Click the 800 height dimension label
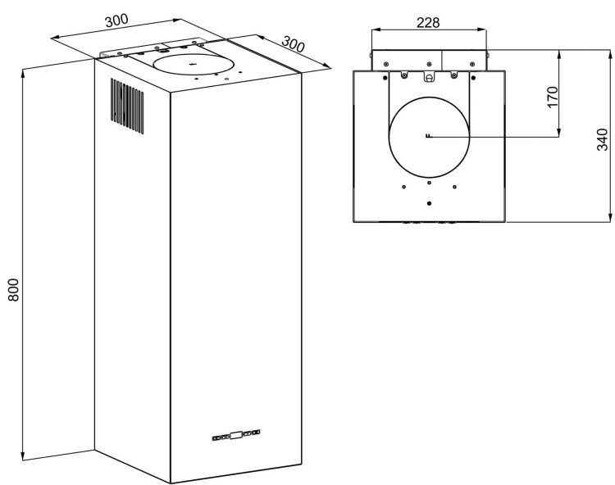tap(13, 289)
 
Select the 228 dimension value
tap(428, 23)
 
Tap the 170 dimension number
tap(552, 97)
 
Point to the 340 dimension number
tap(602, 139)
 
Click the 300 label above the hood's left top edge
tap(116, 20)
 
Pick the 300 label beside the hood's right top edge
tap(293, 44)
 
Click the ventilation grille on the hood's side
tap(127, 106)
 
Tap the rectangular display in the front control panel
tap(236, 435)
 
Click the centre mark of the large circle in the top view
tap(428, 136)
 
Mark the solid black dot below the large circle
tap(430, 203)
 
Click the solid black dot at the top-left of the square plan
tap(385, 78)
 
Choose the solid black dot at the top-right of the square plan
tap(473, 78)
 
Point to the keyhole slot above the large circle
tap(430, 77)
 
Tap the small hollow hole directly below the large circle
tap(430, 183)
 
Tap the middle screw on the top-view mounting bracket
tap(429, 64)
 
